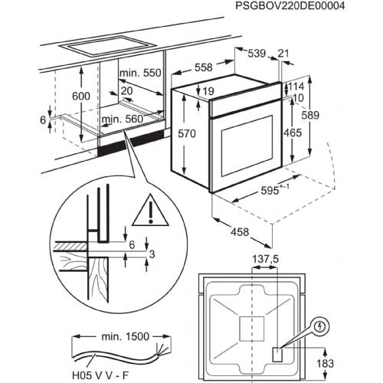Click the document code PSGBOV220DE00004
[x=290, y=5]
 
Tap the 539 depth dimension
[x=257, y=54]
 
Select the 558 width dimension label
[x=204, y=67]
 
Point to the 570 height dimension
[x=187, y=133]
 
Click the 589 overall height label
[x=310, y=115]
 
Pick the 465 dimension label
[x=293, y=133]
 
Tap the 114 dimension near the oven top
[x=296, y=87]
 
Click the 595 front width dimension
[x=270, y=191]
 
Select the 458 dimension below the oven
[x=240, y=232]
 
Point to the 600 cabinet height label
[x=81, y=97]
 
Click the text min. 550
[x=140, y=73]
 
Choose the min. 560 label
[x=123, y=119]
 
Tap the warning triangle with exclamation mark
[x=150, y=211]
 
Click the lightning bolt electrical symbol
[x=319, y=326]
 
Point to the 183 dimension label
[x=325, y=363]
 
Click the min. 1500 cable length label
[x=126, y=336]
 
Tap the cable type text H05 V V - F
[x=100, y=375]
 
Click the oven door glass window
[x=247, y=146]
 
